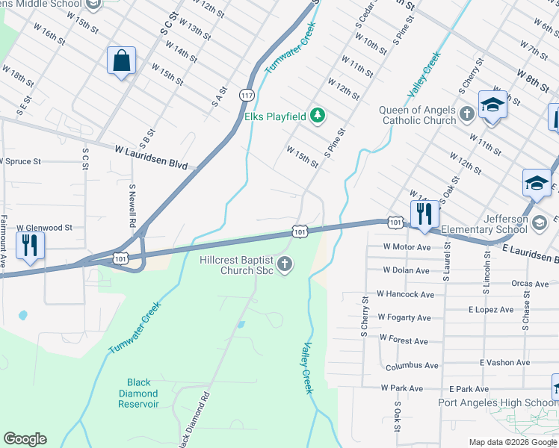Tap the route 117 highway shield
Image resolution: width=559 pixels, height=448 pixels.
point(246,94)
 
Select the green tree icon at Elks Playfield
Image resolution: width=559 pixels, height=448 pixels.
point(318,115)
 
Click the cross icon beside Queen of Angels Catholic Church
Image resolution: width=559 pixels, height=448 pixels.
point(467,114)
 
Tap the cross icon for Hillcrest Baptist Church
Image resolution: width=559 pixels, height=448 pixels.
point(284,264)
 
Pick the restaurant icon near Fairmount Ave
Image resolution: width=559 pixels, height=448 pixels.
point(30,246)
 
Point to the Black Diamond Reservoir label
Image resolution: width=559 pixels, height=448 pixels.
point(138,393)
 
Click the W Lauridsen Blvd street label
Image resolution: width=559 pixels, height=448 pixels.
point(150,155)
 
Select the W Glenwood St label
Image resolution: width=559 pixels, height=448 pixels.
point(44,228)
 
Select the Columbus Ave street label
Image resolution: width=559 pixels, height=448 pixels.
point(412,366)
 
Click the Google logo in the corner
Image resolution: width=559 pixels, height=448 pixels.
point(25,438)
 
